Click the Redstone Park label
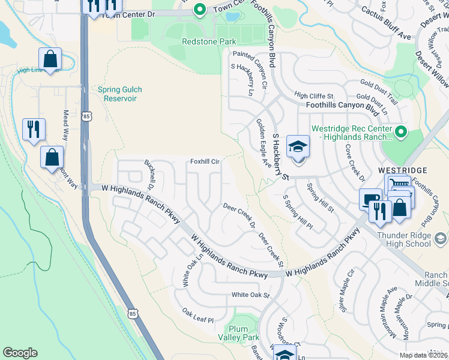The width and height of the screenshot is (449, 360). click(x=209, y=42)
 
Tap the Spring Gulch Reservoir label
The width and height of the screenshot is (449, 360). click(x=120, y=94)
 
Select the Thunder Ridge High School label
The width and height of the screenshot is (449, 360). click(x=404, y=239)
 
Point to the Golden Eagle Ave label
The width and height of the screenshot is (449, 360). click(x=262, y=142)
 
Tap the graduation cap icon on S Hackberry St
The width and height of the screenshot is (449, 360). click(x=298, y=146)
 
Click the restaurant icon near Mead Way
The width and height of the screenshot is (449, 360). click(x=33, y=128)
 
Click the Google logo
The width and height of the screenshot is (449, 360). click(x=20, y=353)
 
